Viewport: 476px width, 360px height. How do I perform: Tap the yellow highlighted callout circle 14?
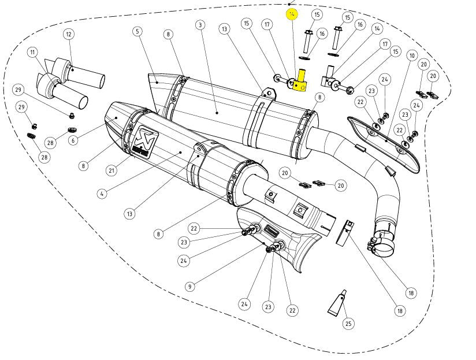[292, 14]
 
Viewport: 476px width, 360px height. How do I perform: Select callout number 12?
[69, 35]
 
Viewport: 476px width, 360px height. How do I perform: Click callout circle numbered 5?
[137, 31]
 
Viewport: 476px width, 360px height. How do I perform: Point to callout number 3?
[199, 25]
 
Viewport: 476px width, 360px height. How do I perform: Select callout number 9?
[190, 285]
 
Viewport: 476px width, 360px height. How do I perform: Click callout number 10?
[411, 55]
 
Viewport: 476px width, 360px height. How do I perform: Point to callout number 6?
[73, 140]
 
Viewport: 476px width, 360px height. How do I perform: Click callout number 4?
[102, 194]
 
